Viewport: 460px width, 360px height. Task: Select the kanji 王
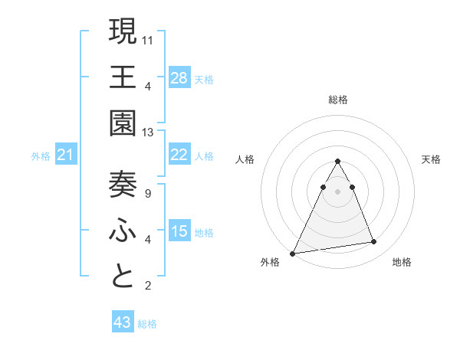[123, 78]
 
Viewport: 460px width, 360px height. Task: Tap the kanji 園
[123, 123]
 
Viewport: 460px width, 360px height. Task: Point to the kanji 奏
[123, 185]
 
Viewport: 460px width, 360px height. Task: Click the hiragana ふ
[123, 231]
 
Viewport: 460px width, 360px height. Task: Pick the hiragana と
[123, 277]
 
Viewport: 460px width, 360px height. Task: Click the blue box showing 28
[179, 77]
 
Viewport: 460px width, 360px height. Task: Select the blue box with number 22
[179, 155]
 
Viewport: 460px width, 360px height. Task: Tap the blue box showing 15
[179, 231]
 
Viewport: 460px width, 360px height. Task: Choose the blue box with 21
[66, 155]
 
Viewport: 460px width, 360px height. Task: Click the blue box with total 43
[123, 322]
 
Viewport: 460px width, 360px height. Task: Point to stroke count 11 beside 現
[148, 38]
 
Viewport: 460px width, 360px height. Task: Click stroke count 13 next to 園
[148, 133]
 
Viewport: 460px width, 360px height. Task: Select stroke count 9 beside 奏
[148, 194]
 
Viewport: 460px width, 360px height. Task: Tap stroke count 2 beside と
[148, 286]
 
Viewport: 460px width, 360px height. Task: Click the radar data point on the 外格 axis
[293, 253]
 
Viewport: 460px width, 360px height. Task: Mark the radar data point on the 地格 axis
[374, 242]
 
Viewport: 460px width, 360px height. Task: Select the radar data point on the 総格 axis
[337, 162]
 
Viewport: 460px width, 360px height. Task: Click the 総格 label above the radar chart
[337, 100]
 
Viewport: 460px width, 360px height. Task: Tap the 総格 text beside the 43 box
[147, 324]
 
